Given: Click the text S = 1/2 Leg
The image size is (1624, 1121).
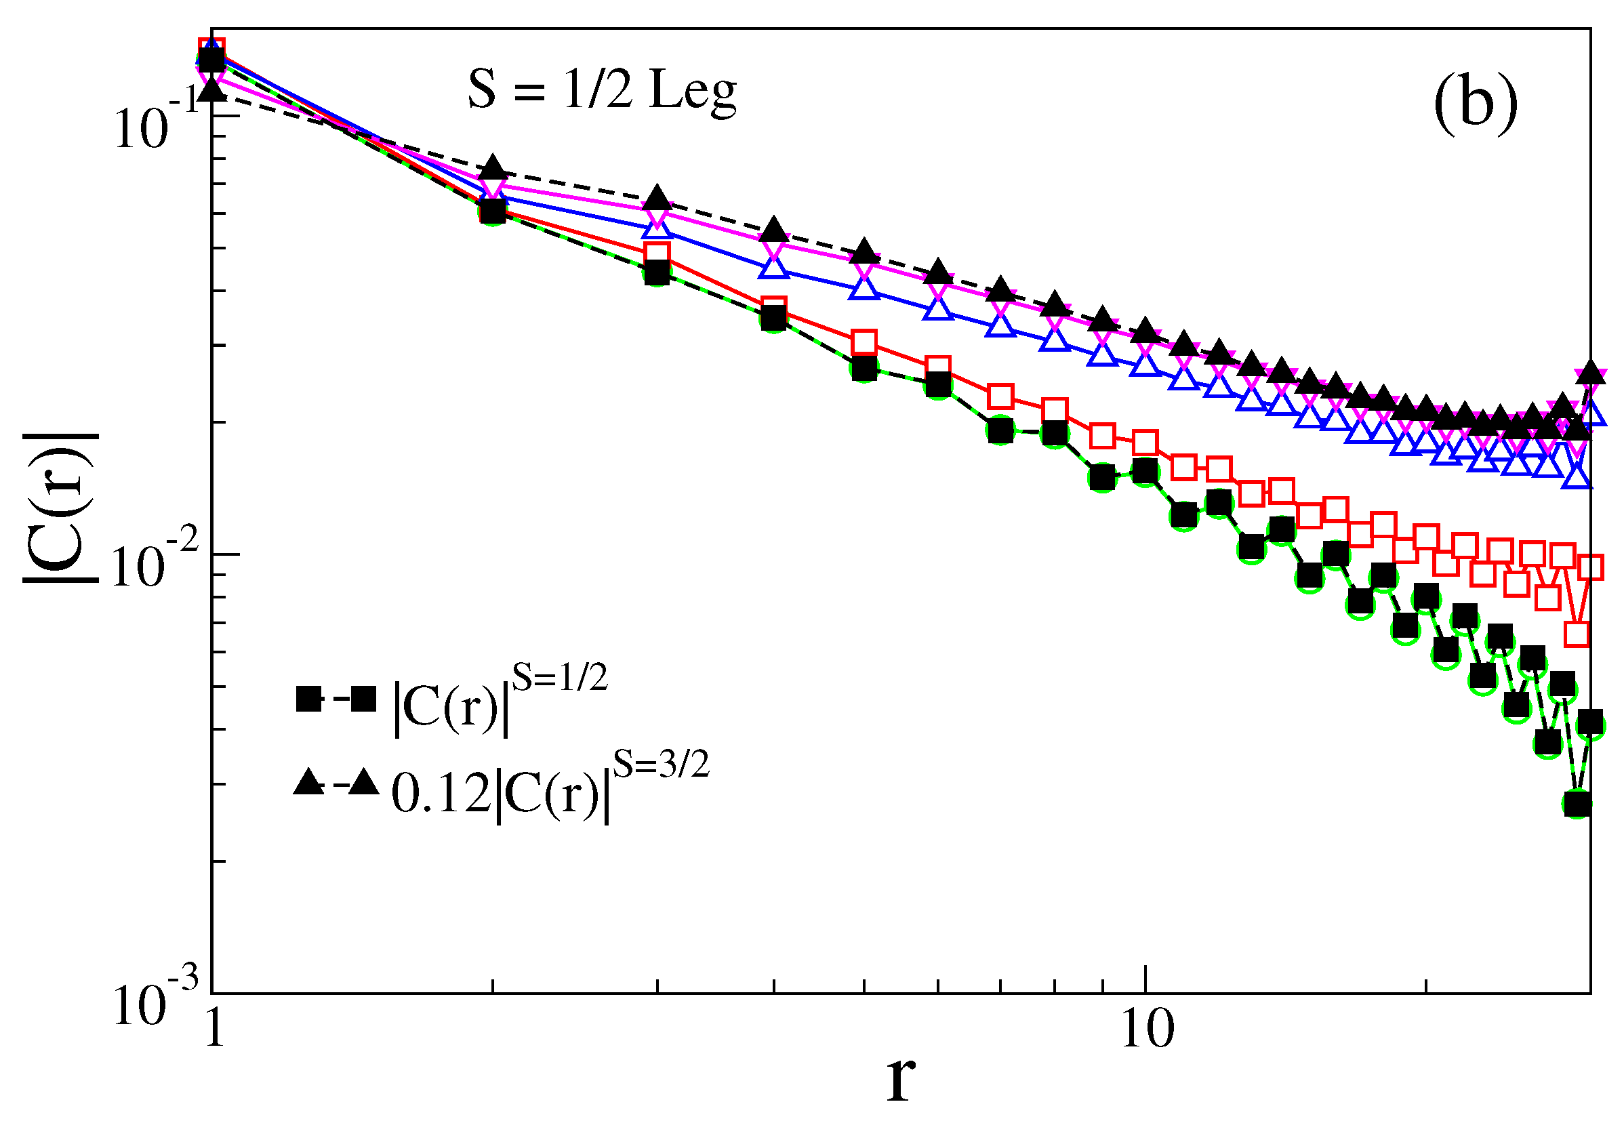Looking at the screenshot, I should [x=602, y=91].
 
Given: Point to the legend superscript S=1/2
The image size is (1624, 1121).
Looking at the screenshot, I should [x=559, y=677].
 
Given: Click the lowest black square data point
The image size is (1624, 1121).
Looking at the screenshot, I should [x=1577, y=804].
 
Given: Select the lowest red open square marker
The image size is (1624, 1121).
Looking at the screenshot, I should [x=1577, y=635].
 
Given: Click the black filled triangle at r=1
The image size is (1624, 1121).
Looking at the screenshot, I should [x=211, y=90].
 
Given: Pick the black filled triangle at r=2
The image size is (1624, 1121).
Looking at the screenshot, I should [x=493, y=169].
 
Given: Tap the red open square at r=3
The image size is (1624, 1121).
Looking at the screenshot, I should [x=657, y=253].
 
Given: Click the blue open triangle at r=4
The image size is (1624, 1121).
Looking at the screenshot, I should [x=773, y=268].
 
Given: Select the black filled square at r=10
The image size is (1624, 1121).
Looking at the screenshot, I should [x=1145, y=471].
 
